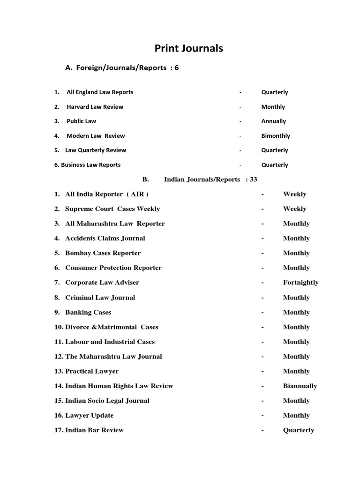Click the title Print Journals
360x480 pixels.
[x=189, y=48]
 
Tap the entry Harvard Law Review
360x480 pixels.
[x=95, y=107]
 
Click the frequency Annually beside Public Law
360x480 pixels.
[x=273, y=121]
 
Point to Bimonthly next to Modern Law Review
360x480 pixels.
[x=276, y=136]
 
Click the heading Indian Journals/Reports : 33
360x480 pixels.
[x=210, y=180]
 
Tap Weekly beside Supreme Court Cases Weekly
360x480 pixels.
[x=294, y=209]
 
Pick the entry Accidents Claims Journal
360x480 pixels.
[x=105, y=239]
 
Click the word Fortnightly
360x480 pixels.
[x=300, y=283]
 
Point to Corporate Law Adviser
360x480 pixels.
[x=102, y=283]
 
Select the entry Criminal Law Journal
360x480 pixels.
[x=100, y=298]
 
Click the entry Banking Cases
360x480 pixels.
[x=88, y=312]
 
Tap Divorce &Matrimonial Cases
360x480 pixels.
[x=112, y=327]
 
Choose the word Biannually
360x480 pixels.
[x=300, y=386]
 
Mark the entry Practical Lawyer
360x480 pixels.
[x=92, y=371]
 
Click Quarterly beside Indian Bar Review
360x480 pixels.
[x=298, y=430]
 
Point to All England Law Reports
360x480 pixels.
[x=100, y=92]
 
